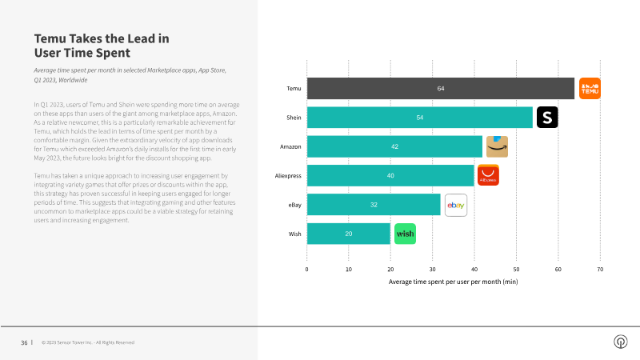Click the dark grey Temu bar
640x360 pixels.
point(440,89)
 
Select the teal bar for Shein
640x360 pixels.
point(419,118)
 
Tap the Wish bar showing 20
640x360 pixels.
point(348,234)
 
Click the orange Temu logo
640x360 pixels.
point(590,89)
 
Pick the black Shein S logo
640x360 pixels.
point(547,118)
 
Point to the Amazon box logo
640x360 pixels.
point(497,146)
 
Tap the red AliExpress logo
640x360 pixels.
point(488,176)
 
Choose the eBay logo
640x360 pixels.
point(455,205)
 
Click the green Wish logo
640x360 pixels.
point(406,234)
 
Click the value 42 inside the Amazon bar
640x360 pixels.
point(394,147)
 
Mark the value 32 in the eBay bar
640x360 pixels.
point(374,205)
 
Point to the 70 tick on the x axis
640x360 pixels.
point(600,270)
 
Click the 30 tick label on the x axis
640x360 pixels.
point(432,270)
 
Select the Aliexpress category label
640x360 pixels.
point(288,176)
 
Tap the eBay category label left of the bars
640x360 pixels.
point(294,205)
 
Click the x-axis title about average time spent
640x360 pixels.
point(453,282)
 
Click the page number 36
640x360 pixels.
point(25,342)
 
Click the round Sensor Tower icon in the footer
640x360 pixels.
point(620,342)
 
